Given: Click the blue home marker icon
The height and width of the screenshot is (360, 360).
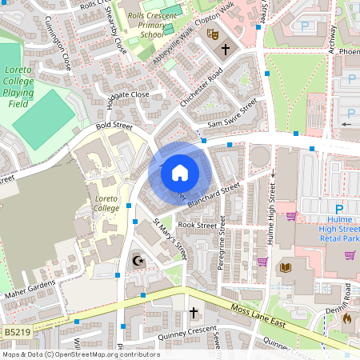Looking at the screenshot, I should pos(180,172).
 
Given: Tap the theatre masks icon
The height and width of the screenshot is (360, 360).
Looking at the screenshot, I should pos(212,34).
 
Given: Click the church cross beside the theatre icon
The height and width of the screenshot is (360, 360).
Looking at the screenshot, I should pos(226,50).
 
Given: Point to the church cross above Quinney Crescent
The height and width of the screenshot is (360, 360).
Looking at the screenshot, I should pos(193,311).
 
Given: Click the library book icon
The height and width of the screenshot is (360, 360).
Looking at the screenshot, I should pos(286,267).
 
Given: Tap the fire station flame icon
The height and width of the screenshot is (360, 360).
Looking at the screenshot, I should pos(347,318).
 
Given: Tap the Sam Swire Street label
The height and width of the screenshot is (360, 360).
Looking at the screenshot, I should pos(231,112).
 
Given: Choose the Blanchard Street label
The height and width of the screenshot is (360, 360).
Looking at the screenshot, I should pos(214,194).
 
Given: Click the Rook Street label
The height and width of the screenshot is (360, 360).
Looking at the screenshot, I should pos(197,226).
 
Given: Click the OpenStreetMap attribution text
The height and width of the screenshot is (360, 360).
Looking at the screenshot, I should pos(80,354).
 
